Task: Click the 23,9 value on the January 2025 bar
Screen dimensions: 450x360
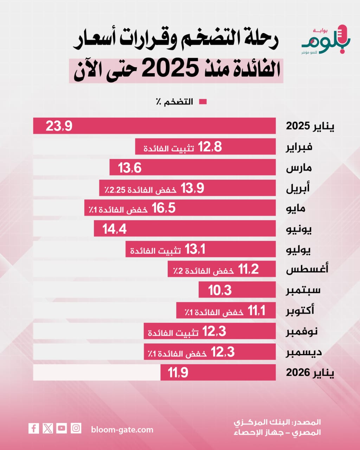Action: [59, 126]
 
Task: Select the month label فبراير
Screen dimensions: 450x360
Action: [299, 147]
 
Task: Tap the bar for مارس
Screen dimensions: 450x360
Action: [192, 167]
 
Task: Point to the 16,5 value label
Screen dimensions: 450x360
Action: [163, 208]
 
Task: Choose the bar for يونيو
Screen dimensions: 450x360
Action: [184, 229]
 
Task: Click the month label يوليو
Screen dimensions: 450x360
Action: [298, 250]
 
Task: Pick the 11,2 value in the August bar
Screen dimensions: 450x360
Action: [249, 270]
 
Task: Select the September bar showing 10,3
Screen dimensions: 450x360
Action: [237, 290]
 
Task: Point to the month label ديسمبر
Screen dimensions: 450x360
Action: [304, 352]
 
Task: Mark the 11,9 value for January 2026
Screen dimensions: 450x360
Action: [178, 372]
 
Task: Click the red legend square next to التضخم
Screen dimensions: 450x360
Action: [203, 102]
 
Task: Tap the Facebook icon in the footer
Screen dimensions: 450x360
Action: [34, 428]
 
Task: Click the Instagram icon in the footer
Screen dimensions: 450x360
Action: [76, 428]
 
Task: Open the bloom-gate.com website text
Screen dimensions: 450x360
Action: [122, 430]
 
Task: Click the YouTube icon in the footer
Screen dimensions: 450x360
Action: [62, 428]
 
